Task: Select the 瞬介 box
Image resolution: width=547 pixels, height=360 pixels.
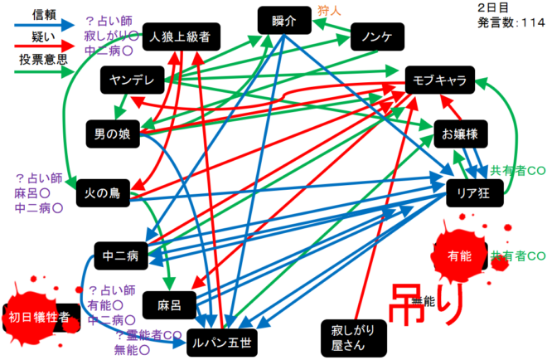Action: [x=281, y=20]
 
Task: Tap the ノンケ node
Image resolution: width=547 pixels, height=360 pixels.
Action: [x=377, y=37]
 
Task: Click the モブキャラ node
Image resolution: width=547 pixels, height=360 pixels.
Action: [x=439, y=80]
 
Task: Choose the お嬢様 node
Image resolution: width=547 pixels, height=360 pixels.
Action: [x=457, y=134]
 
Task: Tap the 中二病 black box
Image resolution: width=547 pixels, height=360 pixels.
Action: [x=121, y=255]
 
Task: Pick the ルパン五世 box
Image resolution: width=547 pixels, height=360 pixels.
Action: [x=221, y=340]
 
